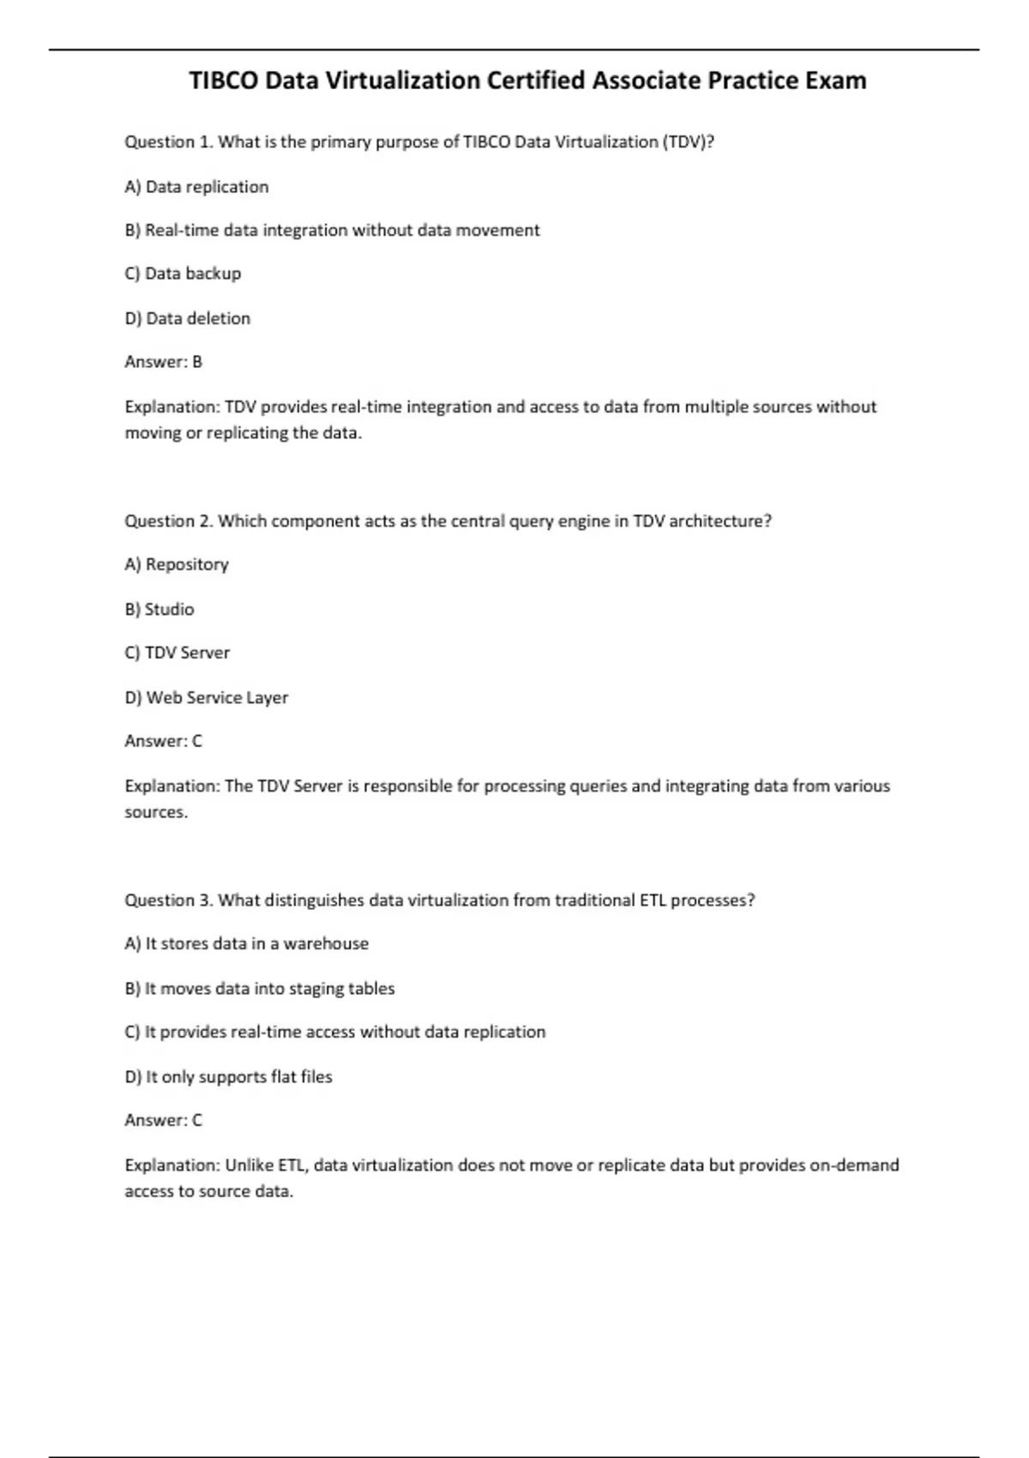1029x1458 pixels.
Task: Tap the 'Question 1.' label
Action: [169, 142]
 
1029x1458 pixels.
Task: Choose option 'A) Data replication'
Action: [196, 187]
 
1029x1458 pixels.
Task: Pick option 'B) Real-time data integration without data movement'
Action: [332, 231]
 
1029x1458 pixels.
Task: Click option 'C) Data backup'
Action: [183, 274]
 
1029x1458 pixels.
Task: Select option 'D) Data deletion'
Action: [188, 318]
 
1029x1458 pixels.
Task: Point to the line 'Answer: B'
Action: [163, 362]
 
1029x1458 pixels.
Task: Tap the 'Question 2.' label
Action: [169, 521]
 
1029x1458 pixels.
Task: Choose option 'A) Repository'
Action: [177, 564]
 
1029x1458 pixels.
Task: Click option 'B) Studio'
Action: [159, 609]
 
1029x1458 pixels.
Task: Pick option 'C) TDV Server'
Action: [178, 653]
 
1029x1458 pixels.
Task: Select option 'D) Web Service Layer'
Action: [207, 697]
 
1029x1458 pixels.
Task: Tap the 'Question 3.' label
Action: [169, 901]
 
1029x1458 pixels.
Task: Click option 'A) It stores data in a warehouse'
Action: [247, 943]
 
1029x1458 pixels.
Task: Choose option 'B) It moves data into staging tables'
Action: [260, 989]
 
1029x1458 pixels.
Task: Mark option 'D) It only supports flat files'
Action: [228, 1076]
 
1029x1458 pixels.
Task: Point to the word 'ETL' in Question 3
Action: [653, 901]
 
